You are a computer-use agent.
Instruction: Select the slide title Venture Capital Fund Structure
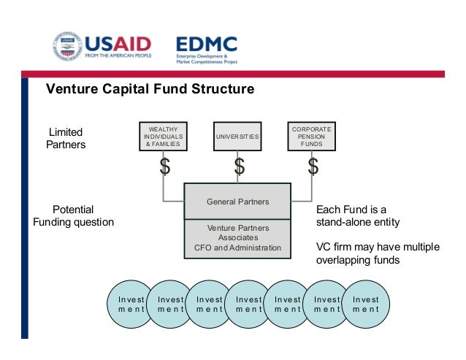(x=150, y=90)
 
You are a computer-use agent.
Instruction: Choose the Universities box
(x=237, y=137)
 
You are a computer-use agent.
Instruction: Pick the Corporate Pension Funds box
(x=311, y=137)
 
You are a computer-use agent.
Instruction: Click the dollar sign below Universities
(x=239, y=166)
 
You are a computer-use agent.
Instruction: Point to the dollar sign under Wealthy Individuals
(x=165, y=166)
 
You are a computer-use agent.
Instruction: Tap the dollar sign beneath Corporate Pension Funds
(x=313, y=166)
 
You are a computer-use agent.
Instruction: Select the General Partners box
(x=237, y=202)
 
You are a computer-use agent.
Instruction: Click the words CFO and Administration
(x=237, y=248)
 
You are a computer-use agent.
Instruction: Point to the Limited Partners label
(x=66, y=138)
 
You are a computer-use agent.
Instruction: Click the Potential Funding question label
(x=74, y=215)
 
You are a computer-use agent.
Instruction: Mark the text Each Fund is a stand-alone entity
(x=357, y=215)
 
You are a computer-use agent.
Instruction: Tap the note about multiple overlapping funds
(x=378, y=253)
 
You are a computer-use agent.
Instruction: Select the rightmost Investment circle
(x=365, y=305)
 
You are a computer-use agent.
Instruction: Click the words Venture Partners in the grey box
(x=237, y=228)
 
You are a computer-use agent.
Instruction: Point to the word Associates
(x=237, y=238)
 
